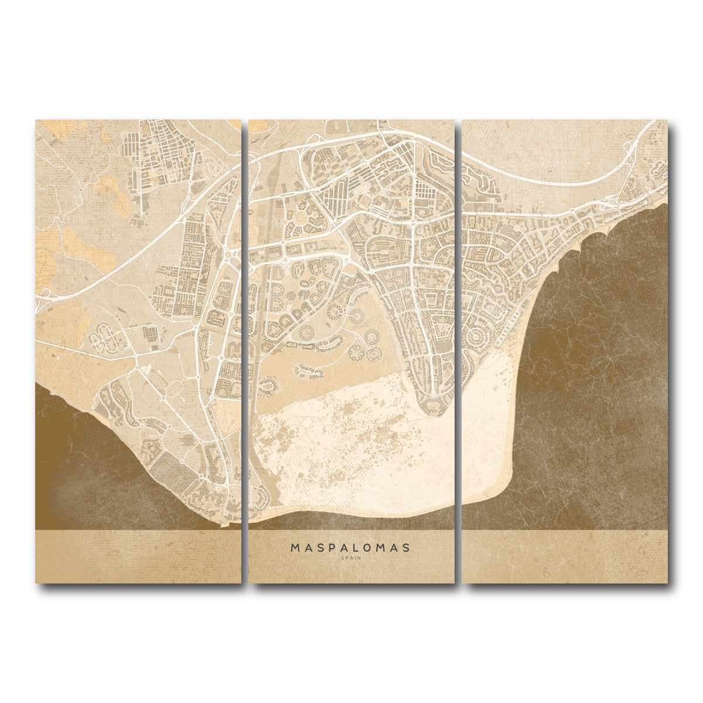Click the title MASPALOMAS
coord(350,548)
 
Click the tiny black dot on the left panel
coord(80,191)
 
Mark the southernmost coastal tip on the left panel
coord(221,525)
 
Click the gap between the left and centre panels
coord(245,351)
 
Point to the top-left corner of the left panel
coord(36,121)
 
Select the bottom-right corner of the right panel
coord(667,582)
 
